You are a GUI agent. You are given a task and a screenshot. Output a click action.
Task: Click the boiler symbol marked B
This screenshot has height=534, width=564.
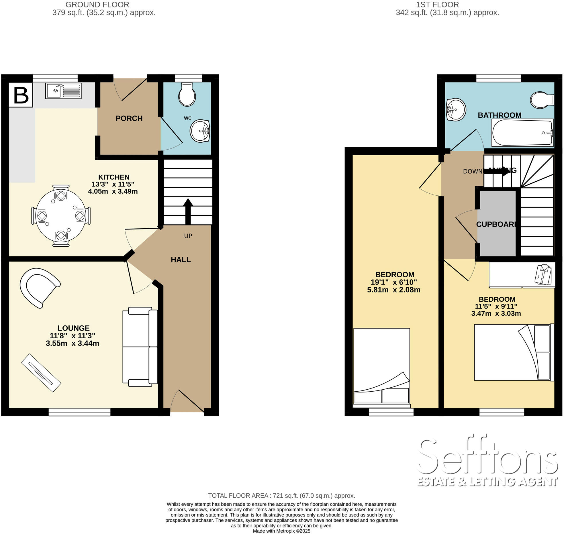tap(21, 95)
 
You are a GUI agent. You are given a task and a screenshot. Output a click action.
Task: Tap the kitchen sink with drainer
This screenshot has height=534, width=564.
tap(63, 91)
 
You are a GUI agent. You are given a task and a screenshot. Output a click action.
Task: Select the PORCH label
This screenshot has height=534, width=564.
tap(129, 118)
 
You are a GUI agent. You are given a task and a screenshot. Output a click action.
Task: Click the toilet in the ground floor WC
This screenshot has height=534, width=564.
tap(187, 95)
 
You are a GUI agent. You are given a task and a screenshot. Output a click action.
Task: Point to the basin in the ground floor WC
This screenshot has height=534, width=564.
tap(200, 131)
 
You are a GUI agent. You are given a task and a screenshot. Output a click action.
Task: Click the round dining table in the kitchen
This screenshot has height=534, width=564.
tap(61, 215)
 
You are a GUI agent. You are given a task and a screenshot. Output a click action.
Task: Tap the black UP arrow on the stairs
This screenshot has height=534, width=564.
tap(188, 211)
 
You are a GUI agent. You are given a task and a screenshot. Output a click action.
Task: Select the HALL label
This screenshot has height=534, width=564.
tap(181, 260)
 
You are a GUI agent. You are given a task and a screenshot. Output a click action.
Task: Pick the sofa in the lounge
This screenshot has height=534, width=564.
tap(140, 347)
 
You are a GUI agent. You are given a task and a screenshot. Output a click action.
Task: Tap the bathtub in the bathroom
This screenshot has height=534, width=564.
tap(522, 133)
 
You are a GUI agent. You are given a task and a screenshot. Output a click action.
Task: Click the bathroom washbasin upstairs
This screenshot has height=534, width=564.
tap(456, 109)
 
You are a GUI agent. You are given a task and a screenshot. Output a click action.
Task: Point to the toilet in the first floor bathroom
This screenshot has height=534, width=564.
tap(541, 100)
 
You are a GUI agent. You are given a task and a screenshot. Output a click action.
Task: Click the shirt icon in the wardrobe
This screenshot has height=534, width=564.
tap(543, 274)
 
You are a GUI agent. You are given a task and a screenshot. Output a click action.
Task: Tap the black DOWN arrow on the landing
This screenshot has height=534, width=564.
tap(496, 171)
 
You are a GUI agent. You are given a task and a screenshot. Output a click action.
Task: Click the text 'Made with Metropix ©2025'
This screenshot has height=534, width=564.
tap(281, 531)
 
